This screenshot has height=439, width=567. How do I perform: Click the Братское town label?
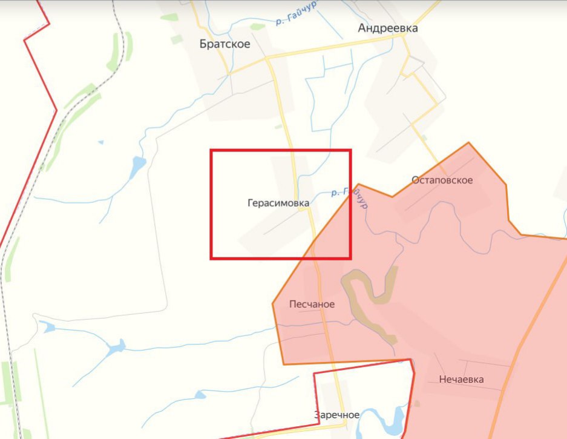[x=225, y=44]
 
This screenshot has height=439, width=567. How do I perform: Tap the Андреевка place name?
[x=388, y=28]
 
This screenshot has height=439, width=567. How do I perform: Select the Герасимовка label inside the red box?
[x=278, y=203]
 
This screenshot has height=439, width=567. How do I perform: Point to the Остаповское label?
[x=442, y=180]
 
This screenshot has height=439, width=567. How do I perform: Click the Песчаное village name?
[x=312, y=304]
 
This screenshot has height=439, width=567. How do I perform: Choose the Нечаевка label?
[x=462, y=379]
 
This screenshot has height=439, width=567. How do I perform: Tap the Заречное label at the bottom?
[x=337, y=415]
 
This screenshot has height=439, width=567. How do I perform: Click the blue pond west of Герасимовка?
[x=138, y=164]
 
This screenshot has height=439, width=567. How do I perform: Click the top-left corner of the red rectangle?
[x=211, y=150]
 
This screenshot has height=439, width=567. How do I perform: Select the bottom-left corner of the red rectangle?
[x=211, y=259]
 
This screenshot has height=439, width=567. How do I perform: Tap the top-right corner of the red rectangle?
[x=350, y=150]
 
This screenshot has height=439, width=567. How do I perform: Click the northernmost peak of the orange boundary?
[x=468, y=143]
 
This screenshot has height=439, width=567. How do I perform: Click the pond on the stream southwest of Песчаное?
[x=115, y=347]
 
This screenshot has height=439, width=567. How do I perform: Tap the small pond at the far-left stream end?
[x=48, y=328]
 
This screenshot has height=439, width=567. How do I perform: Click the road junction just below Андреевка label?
[x=404, y=36]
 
